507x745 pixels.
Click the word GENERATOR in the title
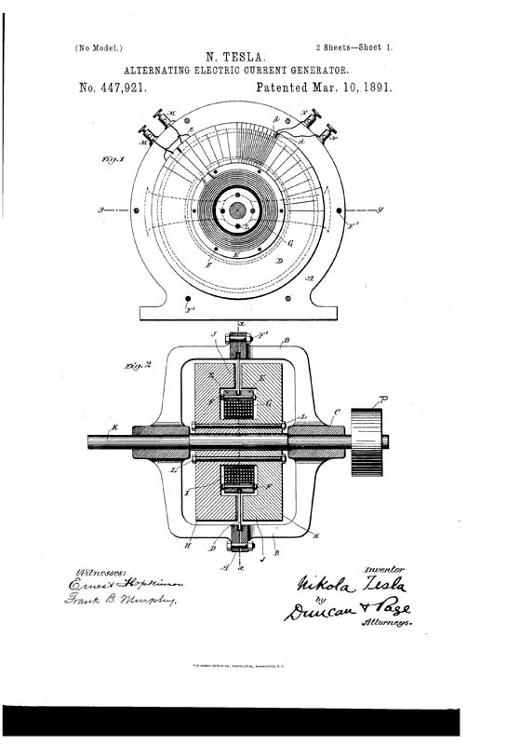pyautogui.click(x=317, y=71)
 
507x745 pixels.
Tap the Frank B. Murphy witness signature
pyautogui.click(x=128, y=602)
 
